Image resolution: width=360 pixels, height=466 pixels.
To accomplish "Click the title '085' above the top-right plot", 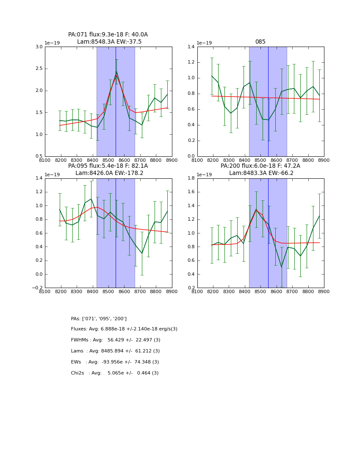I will coord(260,42).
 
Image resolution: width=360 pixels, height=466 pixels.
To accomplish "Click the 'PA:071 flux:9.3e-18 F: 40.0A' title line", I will coord(108,35).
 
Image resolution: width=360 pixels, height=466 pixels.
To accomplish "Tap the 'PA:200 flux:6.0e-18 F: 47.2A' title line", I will coord(260,166).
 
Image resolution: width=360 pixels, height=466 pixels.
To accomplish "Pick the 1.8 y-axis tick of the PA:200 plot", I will coord(191,178).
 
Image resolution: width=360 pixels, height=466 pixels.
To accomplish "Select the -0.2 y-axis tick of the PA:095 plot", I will coord(37,288).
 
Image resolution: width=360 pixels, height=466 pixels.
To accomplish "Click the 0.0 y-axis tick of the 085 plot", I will coord(191,156).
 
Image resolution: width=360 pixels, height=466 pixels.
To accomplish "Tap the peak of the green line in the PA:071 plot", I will coord(116,72).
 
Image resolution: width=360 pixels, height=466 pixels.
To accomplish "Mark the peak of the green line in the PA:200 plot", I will coord(256,209).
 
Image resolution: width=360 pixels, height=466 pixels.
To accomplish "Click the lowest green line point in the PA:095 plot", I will coord(142,253).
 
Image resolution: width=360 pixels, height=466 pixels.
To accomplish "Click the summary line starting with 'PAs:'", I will coord(99,319).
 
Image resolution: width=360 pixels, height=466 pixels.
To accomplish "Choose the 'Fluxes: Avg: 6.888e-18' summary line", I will coord(124,329).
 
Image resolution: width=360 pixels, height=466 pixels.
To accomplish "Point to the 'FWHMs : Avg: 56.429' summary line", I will coord(116,340).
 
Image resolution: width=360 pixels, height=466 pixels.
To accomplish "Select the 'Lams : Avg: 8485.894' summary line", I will coord(115,351).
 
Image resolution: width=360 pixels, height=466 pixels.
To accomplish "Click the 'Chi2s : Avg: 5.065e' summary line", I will coord(115,373).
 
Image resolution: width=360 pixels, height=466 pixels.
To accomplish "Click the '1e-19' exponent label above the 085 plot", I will coord(204,43).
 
